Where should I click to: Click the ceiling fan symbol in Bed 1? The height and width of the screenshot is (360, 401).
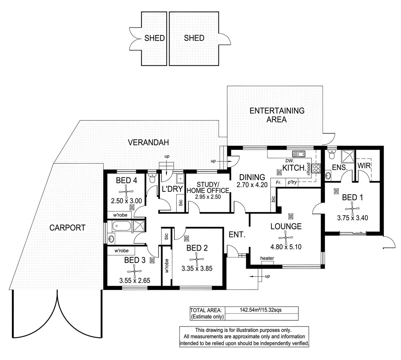(352, 209)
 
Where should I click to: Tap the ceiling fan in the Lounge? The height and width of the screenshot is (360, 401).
(286, 237)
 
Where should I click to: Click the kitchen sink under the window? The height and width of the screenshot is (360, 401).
(299, 154)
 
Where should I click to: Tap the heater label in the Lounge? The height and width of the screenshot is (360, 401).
(267, 258)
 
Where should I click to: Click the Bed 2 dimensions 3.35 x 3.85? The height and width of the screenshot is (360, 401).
(197, 268)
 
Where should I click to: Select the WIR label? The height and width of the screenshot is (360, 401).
(364, 166)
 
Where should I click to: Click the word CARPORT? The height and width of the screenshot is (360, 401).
(67, 228)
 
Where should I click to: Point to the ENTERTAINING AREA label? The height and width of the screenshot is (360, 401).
(277, 115)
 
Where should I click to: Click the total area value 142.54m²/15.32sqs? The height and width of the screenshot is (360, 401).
(261, 310)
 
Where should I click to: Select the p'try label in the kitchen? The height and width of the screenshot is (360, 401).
(292, 182)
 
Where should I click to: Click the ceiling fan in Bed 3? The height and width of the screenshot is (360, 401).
(135, 271)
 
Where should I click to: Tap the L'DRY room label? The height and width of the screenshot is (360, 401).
(172, 189)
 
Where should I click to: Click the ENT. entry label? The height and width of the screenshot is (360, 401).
(237, 235)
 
